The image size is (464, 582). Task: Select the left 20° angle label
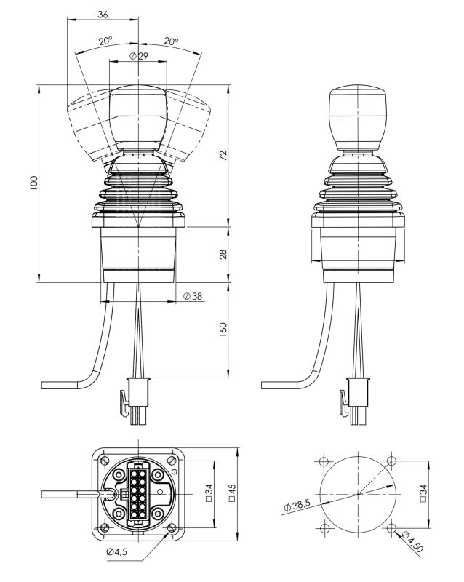click(105, 41)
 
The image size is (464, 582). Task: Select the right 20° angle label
click(172, 41)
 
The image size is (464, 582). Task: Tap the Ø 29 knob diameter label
click(138, 56)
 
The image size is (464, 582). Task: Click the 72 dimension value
click(223, 154)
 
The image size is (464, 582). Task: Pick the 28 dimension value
click(223, 254)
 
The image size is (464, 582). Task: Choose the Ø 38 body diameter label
click(193, 296)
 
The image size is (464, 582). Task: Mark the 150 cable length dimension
click(223, 330)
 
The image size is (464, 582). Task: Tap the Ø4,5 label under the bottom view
click(116, 552)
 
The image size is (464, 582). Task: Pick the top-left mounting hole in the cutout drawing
click(323, 461)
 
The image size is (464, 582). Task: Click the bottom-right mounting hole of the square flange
click(171, 529)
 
